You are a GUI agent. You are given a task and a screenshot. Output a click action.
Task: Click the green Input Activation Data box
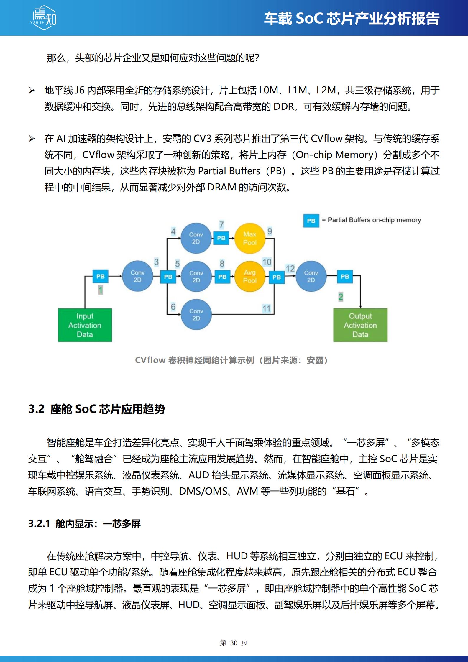click(x=85, y=325)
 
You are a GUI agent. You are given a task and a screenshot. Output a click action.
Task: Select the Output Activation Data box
click(x=360, y=325)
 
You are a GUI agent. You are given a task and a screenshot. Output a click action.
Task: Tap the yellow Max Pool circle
click(x=250, y=238)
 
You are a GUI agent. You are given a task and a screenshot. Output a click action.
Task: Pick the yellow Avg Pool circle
click(x=250, y=277)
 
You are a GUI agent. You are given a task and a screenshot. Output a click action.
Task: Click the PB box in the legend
click(x=311, y=221)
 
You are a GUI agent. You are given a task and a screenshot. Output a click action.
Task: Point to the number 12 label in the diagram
click(x=290, y=268)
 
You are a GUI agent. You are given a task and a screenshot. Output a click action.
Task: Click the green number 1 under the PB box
click(x=101, y=290)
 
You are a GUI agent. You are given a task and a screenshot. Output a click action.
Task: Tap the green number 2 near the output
click(x=341, y=297)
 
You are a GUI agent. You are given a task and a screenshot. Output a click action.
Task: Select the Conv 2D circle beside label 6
click(x=196, y=315)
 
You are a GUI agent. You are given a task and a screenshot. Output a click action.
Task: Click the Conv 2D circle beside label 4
click(x=196, y=238)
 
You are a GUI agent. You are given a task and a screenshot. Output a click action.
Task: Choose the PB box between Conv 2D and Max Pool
click(x=221, y=238)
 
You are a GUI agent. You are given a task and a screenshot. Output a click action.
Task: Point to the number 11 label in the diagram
click(x=267, y=308)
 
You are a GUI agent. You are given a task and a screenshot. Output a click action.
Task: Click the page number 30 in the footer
click(x=234, y=643)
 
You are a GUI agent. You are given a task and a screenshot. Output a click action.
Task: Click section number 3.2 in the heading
click(x=36, y=409)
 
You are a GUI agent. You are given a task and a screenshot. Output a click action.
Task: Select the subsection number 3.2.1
click(x=39, y=524)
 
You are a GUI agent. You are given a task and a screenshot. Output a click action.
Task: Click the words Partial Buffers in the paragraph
click(x=229, y=171)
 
